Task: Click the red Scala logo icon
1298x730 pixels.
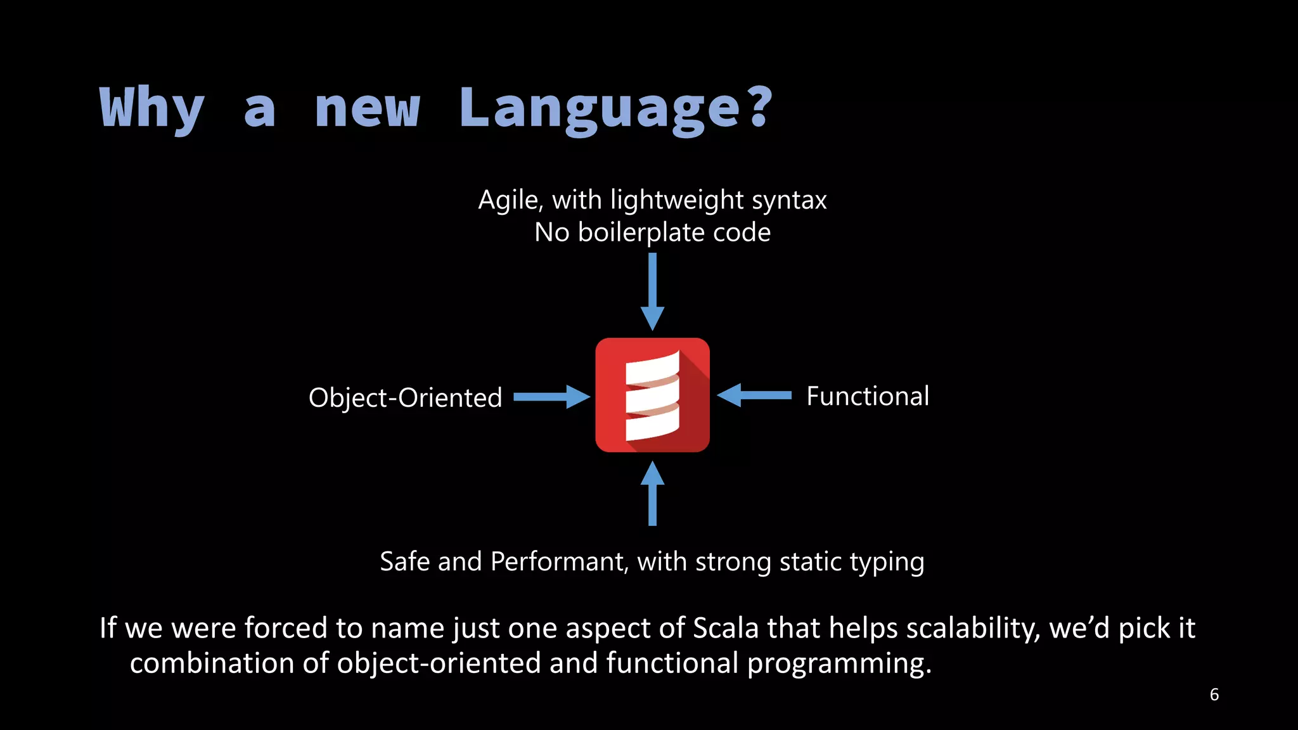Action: click(x=652, y=395)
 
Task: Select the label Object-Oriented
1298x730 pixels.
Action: click(x=405, y=398)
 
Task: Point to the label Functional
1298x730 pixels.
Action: click(x=868, y=396)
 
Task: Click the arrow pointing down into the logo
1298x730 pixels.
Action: click(x=652, y=291)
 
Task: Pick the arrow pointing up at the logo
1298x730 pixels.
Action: click(x=652, y=494)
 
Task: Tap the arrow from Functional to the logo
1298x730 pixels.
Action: click(x=754, y=395)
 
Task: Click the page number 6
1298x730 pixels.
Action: click(x=1214, y=695)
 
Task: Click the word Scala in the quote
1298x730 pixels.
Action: click(x=726, y=628)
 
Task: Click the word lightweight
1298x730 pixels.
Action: click(x=677, y=201)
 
